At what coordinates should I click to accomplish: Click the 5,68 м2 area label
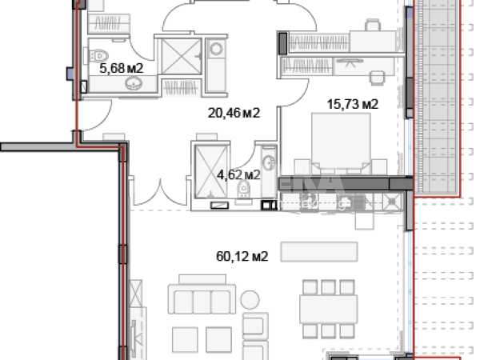(x=122, y=68)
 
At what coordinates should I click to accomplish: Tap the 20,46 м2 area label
(x=234, y=113)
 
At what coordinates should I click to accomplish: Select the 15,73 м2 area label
(x=353, y=104)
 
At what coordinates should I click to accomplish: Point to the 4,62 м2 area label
(x=238, y=174)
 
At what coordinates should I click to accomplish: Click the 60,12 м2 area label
(x=242, y=256)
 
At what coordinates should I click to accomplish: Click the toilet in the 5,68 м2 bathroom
(x=98, y=56)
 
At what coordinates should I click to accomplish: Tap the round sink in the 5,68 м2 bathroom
(x=134, y=83)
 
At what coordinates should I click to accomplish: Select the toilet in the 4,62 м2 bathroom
(x=244, y=189)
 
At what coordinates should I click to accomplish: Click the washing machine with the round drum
(x=216, y=49)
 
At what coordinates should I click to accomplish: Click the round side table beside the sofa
(x=250, y=300)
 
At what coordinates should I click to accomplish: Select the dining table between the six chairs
(x=329, y=309)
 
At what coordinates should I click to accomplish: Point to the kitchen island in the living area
(x=319, y=252)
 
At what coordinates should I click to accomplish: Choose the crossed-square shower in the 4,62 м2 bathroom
(x=211, y=171)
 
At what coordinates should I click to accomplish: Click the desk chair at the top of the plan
(x=373, y=25)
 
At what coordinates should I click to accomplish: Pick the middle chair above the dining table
(x=329, y=287)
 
